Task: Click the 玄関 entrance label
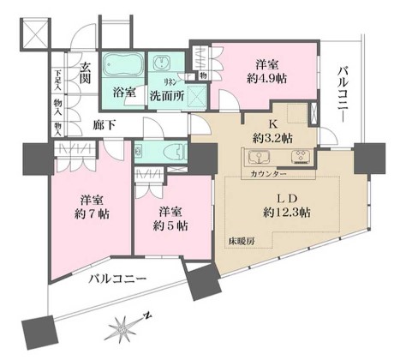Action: (x=88, y=73)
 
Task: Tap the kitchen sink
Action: (x=260, y=158)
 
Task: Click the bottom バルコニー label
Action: (x=117, y=279)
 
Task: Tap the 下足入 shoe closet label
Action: (x=57, y=79)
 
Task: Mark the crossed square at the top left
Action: (x=36, y=33)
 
